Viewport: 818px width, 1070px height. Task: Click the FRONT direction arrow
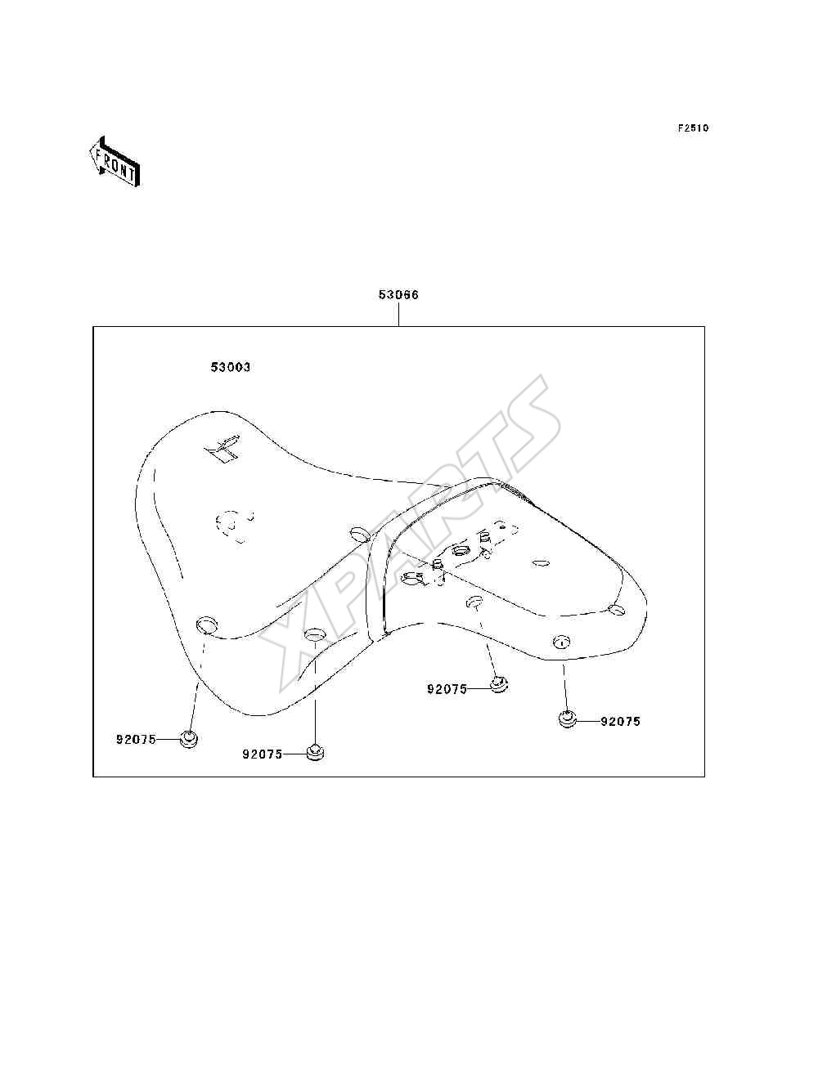point(115,162)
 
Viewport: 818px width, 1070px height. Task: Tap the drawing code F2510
point(693,128)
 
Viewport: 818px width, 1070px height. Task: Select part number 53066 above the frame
point(398,295)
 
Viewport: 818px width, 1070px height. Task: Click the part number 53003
point(230,366)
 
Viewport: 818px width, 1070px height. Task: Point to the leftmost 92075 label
point(136,739)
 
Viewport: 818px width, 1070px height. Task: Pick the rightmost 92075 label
point(620,721)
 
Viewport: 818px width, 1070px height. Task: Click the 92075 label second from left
point(263,754)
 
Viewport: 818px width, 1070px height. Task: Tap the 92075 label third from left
point(447,689)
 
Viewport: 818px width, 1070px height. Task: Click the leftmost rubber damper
point(189,739)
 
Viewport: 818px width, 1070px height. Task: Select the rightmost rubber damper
point(567,719)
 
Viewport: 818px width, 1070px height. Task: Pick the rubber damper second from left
point(316,752)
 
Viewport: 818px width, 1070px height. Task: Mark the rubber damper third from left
point(499,685)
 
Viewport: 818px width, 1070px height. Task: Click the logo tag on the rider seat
point(223,449)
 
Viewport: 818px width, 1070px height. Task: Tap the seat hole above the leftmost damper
point(206,625)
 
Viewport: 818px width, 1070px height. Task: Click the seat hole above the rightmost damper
point(561,642)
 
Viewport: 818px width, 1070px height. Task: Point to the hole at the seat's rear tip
point(617,608)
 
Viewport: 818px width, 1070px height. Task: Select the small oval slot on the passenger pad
point(541,564)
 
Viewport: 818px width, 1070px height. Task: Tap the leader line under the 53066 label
point(398,315)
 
